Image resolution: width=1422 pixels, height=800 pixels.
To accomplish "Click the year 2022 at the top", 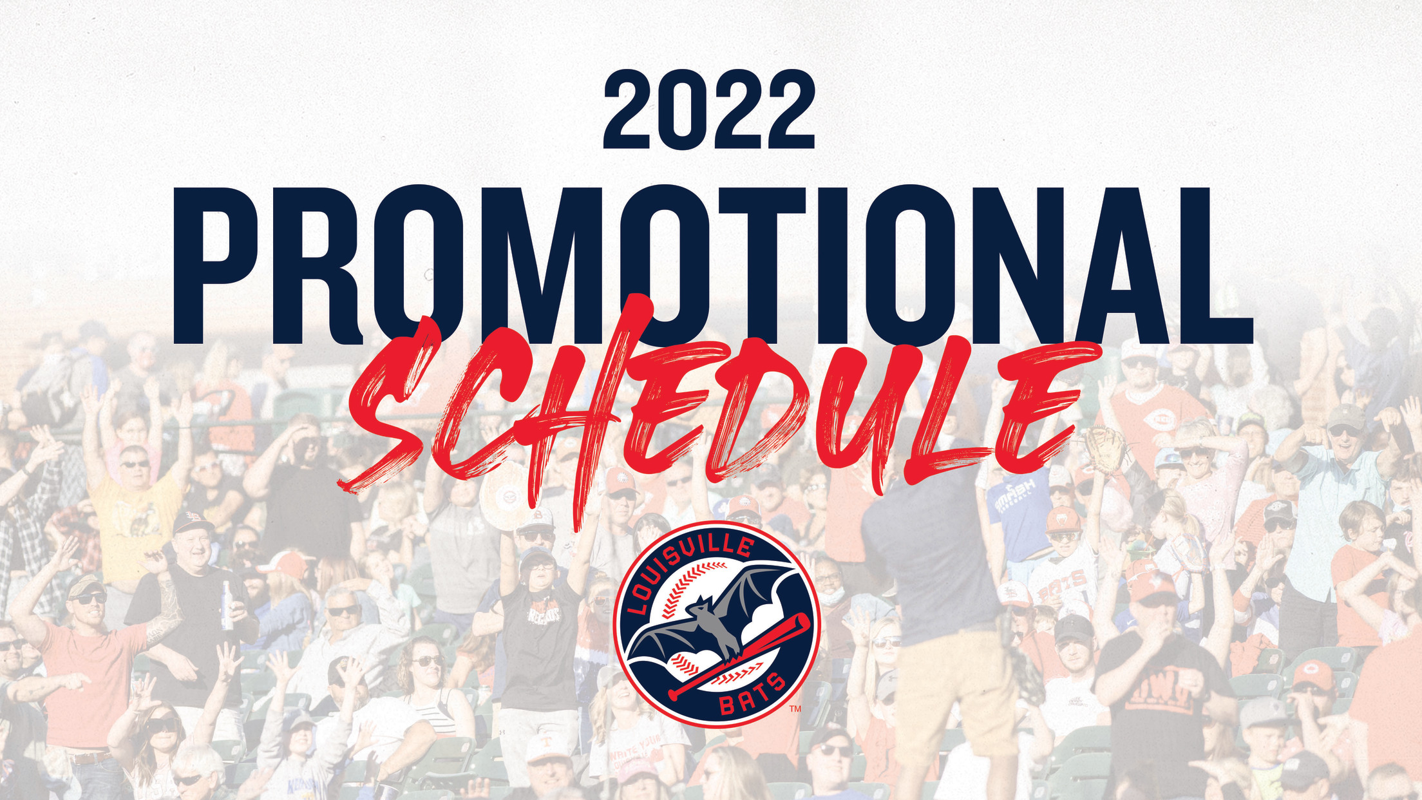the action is pyautogui.click(x=709, y=110).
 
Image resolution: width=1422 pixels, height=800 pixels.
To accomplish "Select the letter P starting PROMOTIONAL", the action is pyautogui.click(x=217, y=265).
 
